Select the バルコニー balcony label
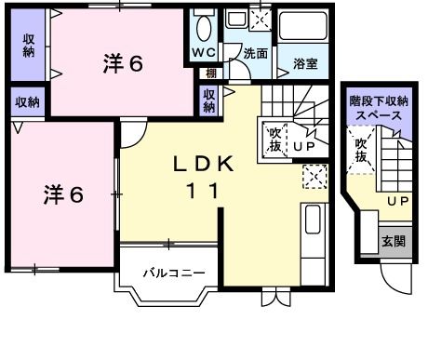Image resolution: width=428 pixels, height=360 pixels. (173, 273)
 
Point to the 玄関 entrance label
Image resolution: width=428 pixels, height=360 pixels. (394, 240)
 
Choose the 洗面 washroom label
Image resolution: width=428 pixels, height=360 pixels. (254, 53)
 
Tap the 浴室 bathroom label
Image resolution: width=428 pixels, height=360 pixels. (305, 64)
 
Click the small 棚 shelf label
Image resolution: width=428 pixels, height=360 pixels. (213, 73)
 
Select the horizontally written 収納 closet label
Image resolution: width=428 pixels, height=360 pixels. (26, 101)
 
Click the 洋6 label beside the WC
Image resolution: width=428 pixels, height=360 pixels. (122, 63)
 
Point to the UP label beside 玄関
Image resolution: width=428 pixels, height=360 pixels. (398, 202)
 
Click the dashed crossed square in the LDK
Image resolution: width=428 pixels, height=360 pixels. (314, 175)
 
